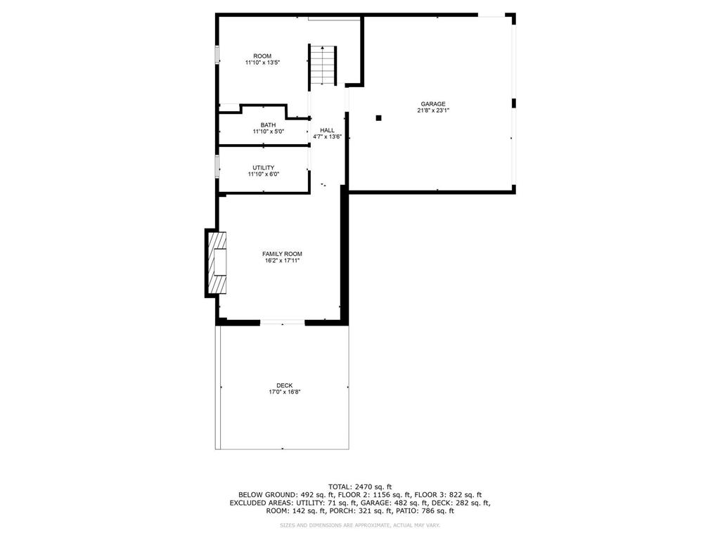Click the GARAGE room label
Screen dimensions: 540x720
[432, 104]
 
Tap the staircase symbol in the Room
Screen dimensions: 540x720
[323, 65]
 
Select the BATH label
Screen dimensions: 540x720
[268, 125]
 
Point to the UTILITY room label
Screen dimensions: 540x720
[263, 167]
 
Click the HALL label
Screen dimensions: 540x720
[327, 130]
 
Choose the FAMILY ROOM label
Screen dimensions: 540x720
[282, 254]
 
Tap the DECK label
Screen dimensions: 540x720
[284, 385]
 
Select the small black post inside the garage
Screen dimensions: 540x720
[378, 117]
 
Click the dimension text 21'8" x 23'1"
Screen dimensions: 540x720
[432, 110]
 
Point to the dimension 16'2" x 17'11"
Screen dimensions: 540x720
[282, 261]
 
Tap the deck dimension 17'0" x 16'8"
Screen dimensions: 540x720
[284, 392]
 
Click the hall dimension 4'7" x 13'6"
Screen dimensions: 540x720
[327, 137]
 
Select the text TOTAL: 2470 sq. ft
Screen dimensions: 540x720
[360, 487]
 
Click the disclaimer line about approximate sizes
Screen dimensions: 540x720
[360, 525]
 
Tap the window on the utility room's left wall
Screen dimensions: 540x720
[217, 166]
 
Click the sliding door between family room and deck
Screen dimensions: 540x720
[283, 322]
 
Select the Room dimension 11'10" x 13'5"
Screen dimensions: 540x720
[262, 63]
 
